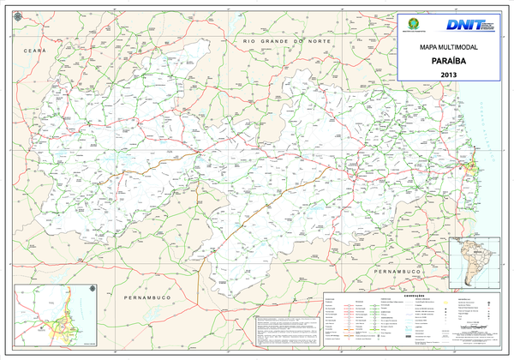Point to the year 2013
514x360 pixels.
(x=449, y=75)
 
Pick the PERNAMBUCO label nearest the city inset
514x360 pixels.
(x=148, y=297)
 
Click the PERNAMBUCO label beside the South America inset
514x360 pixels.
(x=396, y=271)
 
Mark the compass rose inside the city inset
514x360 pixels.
(x=92, y=296)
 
